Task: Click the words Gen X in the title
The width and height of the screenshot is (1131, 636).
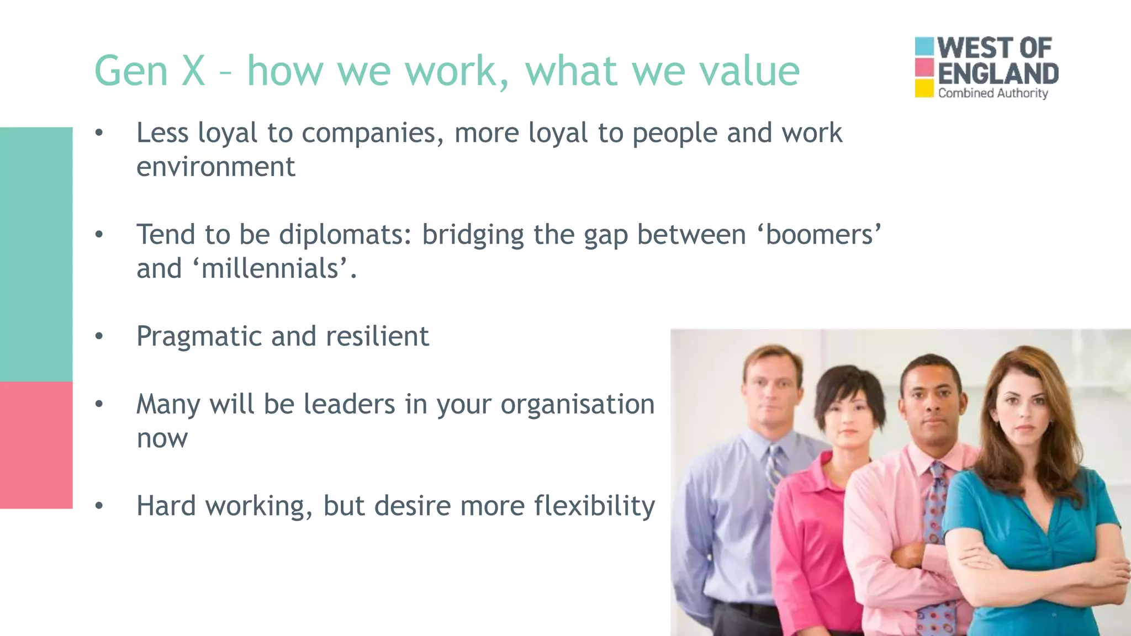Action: pos(150,71)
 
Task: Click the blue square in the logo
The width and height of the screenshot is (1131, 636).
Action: pos(924,46)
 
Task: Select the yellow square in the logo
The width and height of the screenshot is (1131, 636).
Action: pos(924,88)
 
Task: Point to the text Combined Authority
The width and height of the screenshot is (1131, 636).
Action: pos(992,93)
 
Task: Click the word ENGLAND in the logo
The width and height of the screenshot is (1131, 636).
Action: pos(998,74)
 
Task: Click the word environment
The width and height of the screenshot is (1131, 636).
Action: pos(216,167)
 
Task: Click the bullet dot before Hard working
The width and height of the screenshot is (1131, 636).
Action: pos(99,506)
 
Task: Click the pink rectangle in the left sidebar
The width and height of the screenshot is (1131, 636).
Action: pos(36,444)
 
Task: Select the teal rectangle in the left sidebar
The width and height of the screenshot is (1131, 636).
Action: pos(36,254)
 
